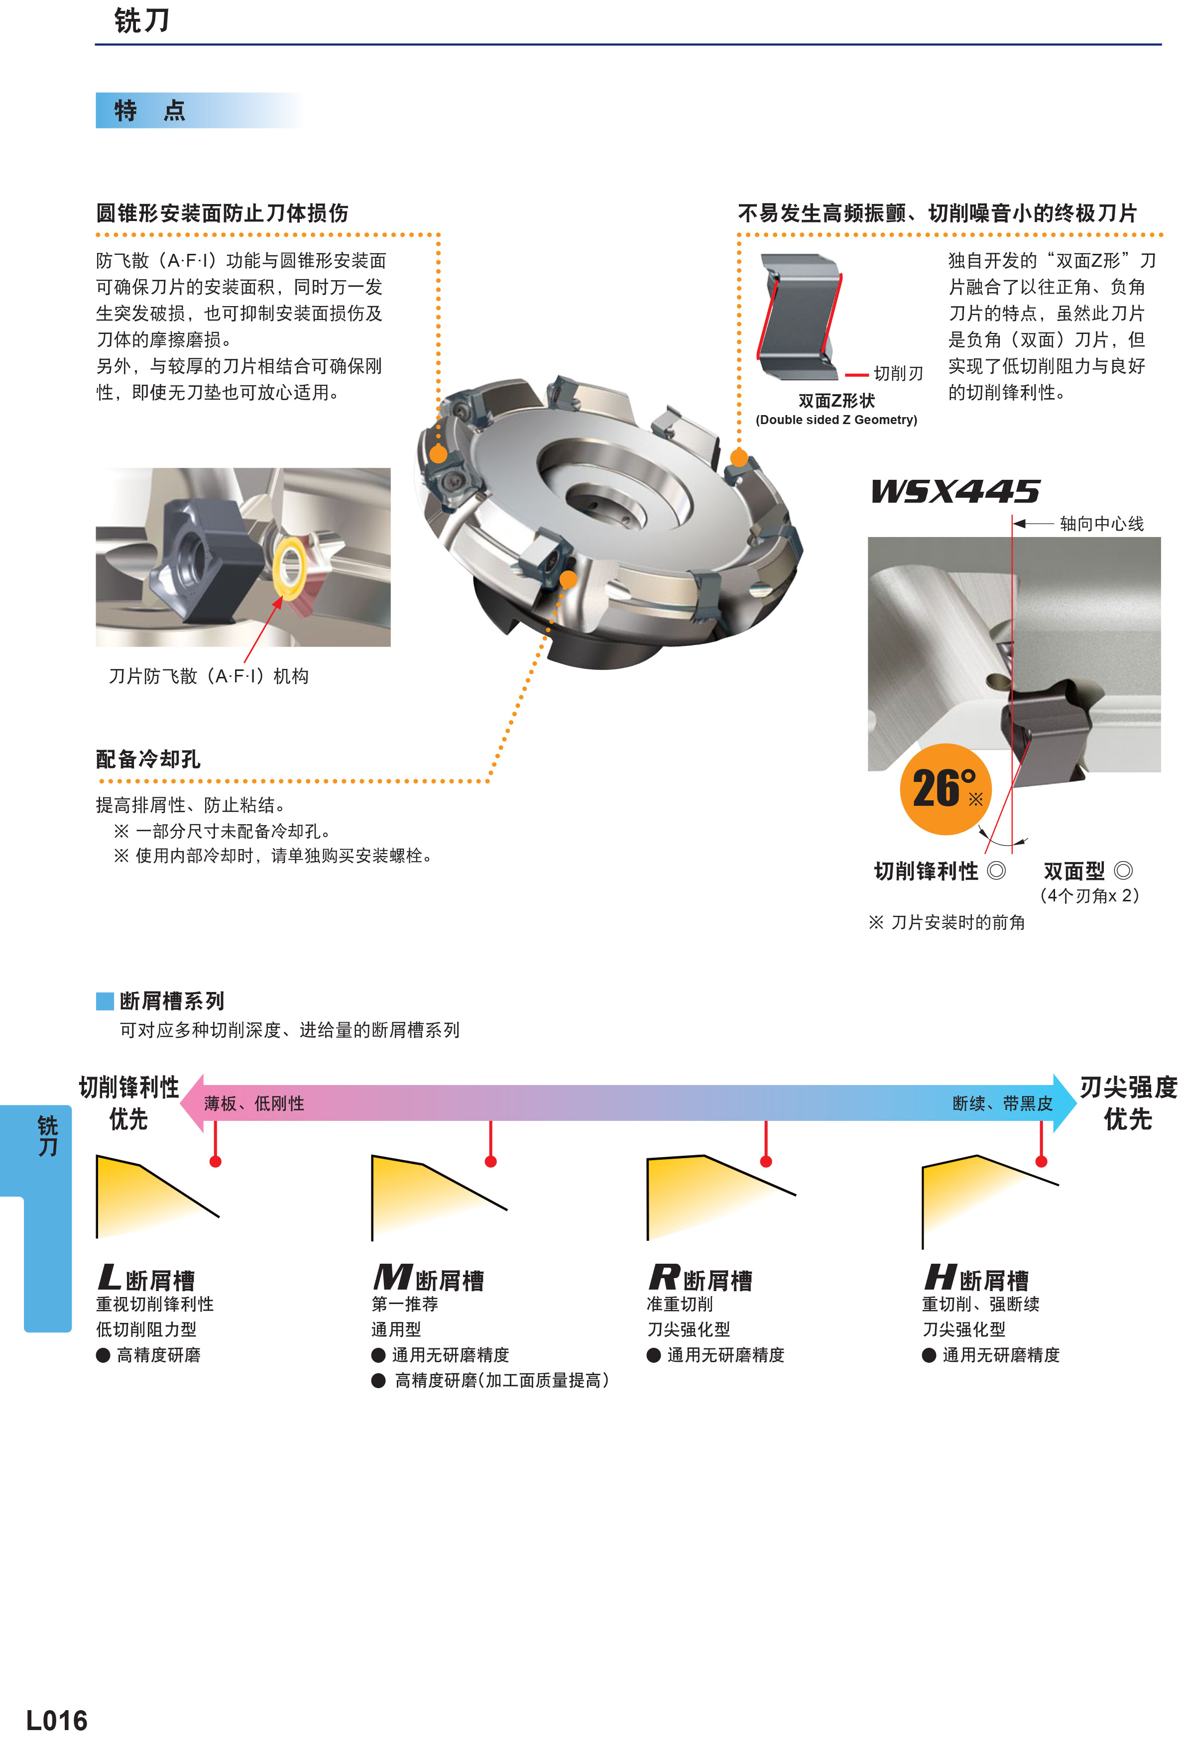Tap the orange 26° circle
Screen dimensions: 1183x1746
(x=946, y=789)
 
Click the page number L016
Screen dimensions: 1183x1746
(x=56, y=1720)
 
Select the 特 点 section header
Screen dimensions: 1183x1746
(x=149, y=110)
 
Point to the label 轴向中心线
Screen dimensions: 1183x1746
(x=1101, y=524)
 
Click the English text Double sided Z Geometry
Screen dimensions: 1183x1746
(x=836, y=420)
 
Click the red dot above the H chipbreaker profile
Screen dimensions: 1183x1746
(x=1041, y=1162)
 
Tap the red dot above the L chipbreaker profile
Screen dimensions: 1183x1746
(x=216, y=1162)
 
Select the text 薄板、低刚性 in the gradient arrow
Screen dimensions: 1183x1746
(x=254, y=1103)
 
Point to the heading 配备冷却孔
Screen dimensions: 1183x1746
(x=148, y=759)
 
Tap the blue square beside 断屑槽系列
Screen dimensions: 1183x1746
(x=105, y=1001)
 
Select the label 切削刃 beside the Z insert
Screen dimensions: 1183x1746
(x=898, y=373)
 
